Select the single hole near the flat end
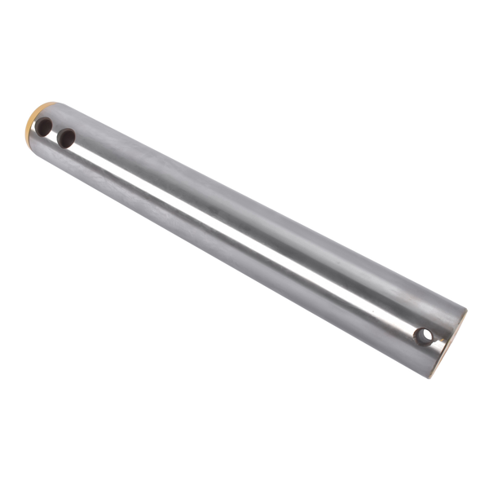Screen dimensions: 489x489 (423, 335)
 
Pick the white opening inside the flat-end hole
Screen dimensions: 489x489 (425, 335)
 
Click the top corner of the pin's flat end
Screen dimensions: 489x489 (465, 311)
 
